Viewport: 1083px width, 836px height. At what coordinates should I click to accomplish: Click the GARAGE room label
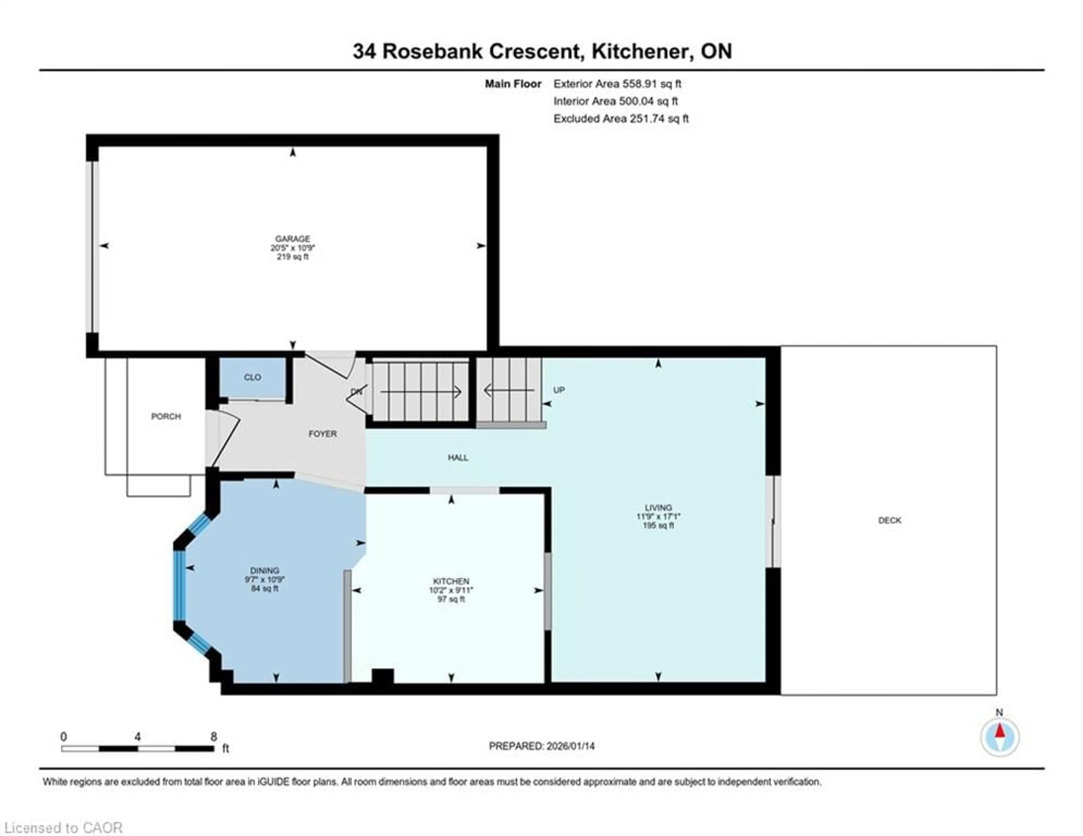click(x=292, y=239)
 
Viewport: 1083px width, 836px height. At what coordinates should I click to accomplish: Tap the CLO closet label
click(x=252, y=377)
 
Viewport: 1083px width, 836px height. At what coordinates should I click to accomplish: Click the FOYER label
click(x=322, y=434)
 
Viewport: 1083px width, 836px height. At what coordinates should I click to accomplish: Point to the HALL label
click(x=458, y=458)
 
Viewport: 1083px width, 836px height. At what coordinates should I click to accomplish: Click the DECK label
click(x=889, y=520)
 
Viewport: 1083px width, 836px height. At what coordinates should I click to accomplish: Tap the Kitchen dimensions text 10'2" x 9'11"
click(x=451, y=590)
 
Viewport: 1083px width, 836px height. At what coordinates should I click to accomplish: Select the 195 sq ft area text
click(x=658, y=525)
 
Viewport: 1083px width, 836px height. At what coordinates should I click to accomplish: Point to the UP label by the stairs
click(x=559, y=390)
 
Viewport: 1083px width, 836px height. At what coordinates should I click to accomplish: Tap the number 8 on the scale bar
click(x=214, y=736)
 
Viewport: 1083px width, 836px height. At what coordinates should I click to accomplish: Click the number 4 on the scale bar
click(x=137, y=736)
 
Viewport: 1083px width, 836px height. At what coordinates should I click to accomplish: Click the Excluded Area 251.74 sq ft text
click(x=621, y=118)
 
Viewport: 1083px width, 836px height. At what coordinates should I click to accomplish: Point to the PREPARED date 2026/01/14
click(x=541, y=746)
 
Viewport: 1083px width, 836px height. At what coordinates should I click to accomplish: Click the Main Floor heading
click(x=513, y=84)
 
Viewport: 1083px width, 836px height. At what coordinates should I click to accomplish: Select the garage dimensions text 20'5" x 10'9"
click(x=292, y=247)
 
